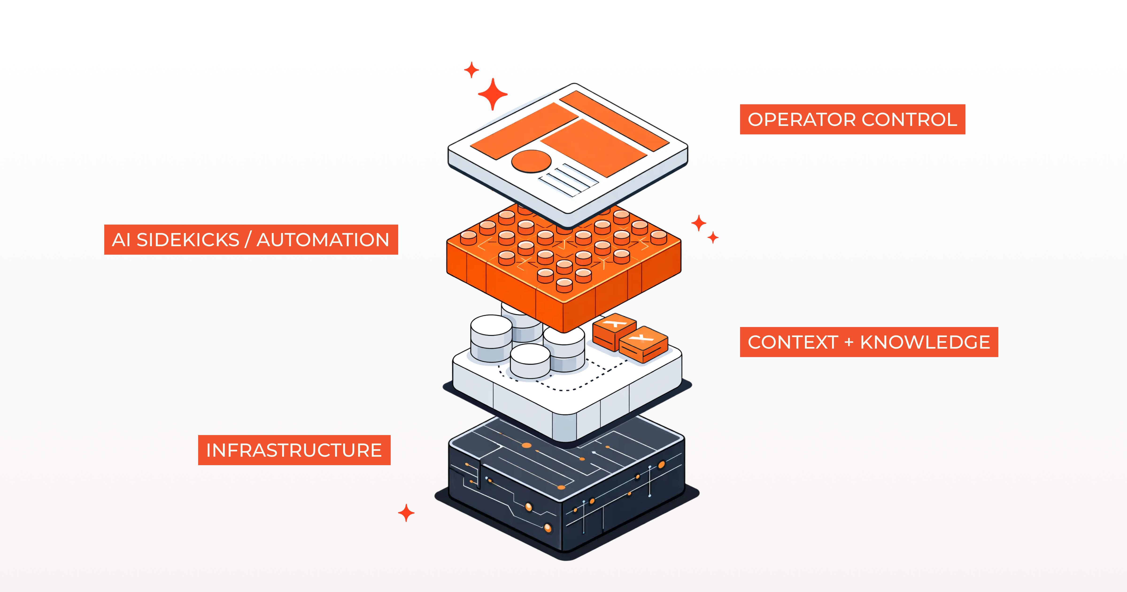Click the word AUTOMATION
tap(323, 240)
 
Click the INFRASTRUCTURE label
tap(294, 450)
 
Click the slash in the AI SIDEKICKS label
tap(248, 240)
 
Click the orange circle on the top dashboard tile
tap(531, 161)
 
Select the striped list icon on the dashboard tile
tap(568, 179)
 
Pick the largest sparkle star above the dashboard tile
tap(493, 94)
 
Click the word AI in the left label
tap(121, 240)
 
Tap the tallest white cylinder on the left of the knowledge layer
tap(491, 337)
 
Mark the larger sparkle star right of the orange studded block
tap(699, 223)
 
